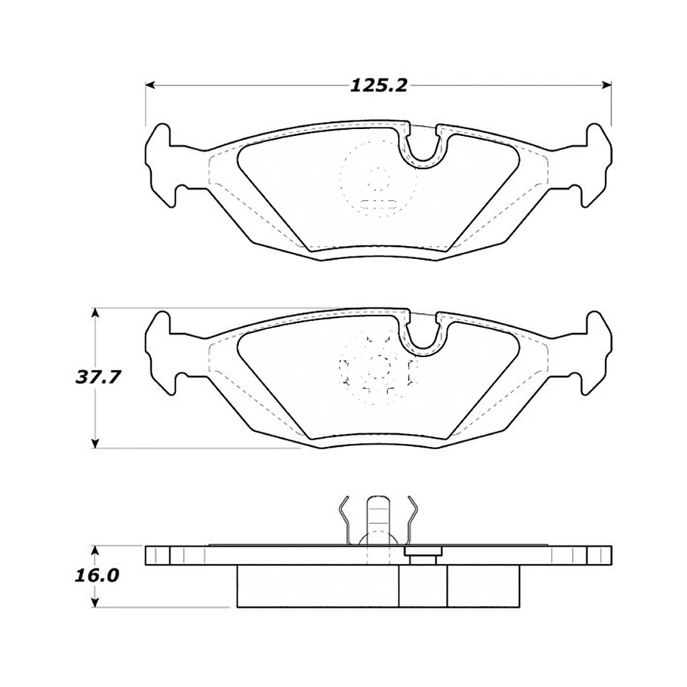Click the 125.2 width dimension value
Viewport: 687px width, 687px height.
tap(378, 85)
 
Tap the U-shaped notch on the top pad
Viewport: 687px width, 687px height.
tap(424, 147)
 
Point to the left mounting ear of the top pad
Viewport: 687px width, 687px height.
tap(161, 162)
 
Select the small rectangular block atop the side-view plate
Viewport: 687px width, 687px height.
tap(423, 554)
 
